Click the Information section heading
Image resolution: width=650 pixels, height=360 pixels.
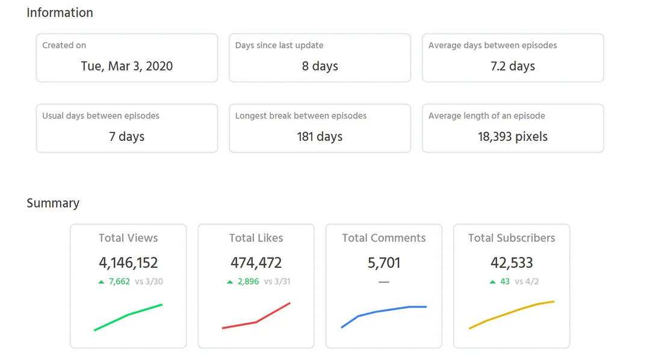point(60,13)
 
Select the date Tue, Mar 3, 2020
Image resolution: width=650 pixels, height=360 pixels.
point(127,66)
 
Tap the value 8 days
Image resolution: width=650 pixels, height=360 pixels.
point(320,66)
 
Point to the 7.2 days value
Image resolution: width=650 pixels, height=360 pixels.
point(513,66)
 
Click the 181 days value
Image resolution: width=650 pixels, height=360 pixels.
point(320,137)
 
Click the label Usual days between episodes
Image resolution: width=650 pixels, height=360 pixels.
point(101,116)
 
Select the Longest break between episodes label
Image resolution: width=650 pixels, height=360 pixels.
point(301,116)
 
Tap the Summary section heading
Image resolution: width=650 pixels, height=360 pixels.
point(53,203)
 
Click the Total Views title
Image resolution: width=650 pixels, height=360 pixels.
point(128,238)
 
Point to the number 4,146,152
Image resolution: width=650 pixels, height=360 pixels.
point(128,262)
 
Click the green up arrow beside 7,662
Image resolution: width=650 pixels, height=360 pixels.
point(101,282)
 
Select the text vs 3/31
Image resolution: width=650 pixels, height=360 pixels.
point(277,281)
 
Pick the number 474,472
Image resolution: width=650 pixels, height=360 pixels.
point(256,262)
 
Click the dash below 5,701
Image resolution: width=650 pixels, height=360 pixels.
point(384,282)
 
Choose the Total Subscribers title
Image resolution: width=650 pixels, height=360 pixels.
point(512,238)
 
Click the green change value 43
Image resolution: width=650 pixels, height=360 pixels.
point(504,281)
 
